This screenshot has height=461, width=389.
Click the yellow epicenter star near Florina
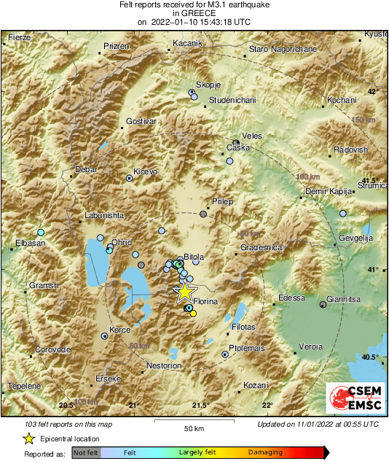click(x=185, y=292)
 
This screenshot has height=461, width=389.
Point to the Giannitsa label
click(x=345, y=298)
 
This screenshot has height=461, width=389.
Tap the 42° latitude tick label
click(x=372, y=91)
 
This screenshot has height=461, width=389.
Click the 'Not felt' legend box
click(x=86, y=453)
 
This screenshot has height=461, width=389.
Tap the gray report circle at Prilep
click(x=203, y=214)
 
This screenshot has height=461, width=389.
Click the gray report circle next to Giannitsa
click(x=323, y=304)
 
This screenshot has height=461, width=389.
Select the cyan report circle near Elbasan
click(x=41, y=232)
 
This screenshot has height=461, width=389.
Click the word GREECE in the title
click(x=194, y=13)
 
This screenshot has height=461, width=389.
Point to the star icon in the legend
click(x=28, y=438)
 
